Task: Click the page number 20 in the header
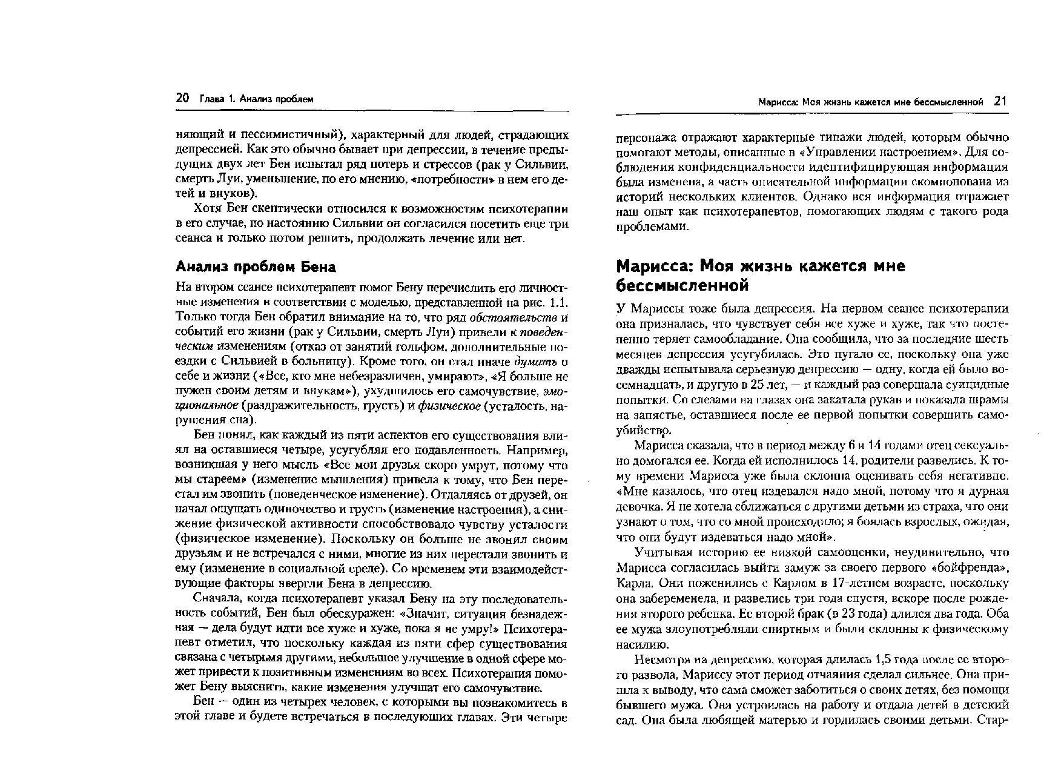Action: point(182,98)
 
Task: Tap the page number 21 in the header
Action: point(1000,102)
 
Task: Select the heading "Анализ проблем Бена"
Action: point(255,266)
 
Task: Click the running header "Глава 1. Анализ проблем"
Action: point(256,99)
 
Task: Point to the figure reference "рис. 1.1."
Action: point(547,302)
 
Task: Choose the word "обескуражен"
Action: point(333,613)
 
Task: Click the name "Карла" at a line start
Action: point(634,583)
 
